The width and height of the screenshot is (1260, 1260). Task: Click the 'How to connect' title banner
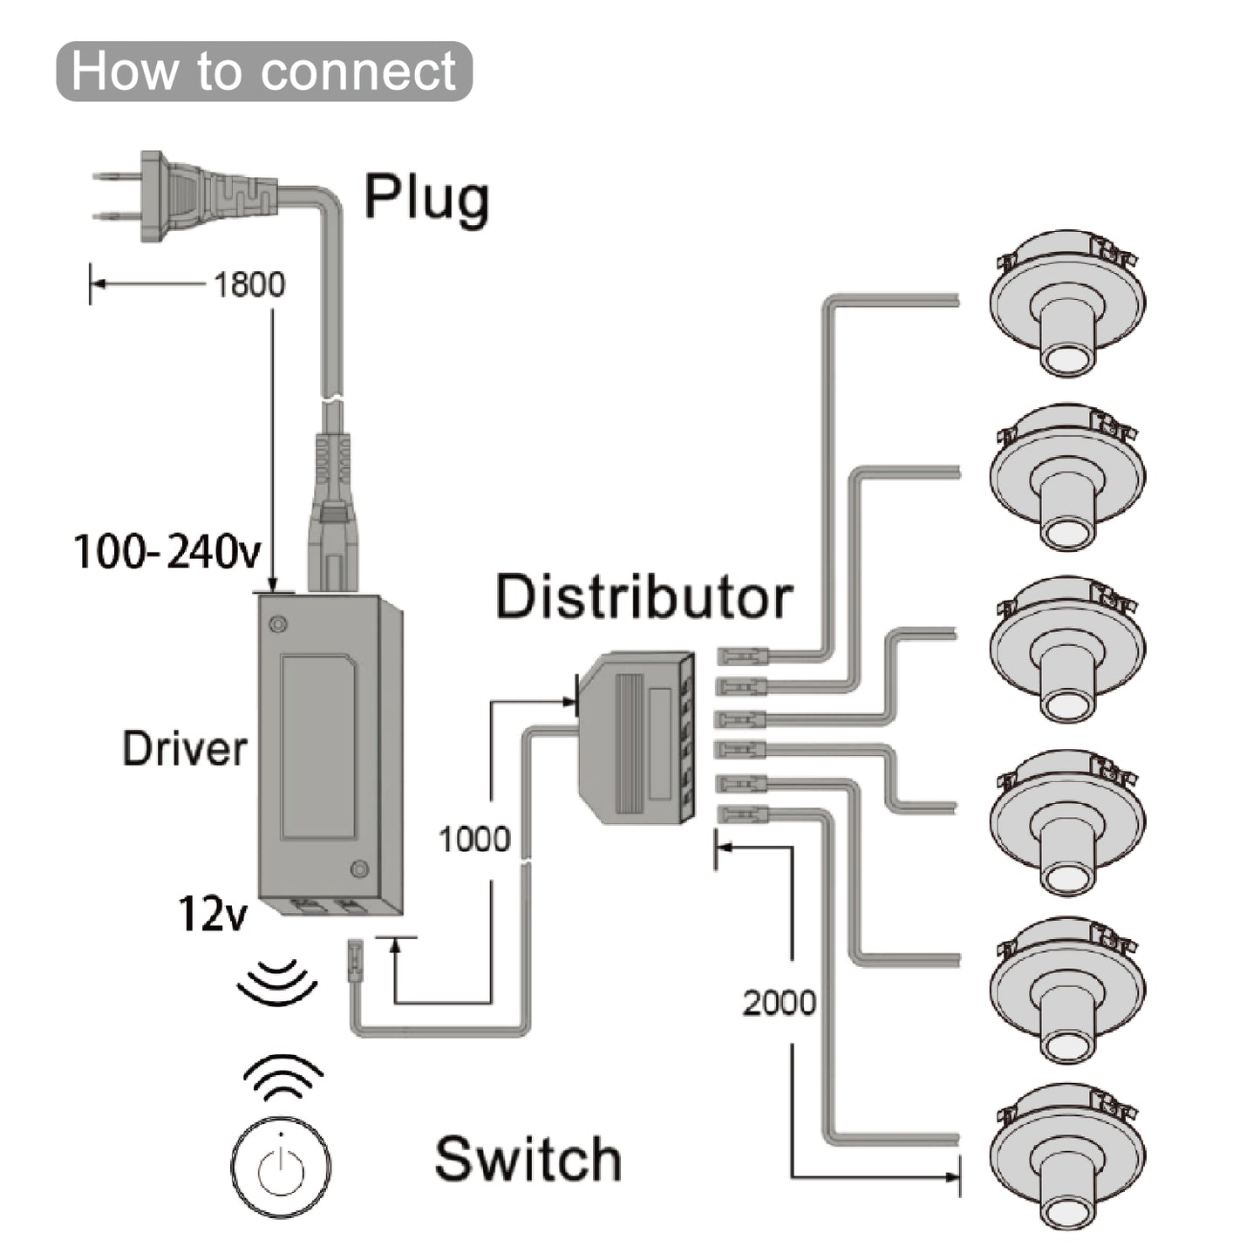point(263,71)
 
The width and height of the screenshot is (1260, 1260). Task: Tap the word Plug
point(426,199)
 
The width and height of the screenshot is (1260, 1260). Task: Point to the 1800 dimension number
point(249,284)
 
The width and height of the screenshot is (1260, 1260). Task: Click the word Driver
point(184,749)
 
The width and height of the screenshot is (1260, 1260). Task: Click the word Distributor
point(644,597)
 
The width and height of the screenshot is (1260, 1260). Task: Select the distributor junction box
point(637,738)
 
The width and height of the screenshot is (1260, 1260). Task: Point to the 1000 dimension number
point(473,839)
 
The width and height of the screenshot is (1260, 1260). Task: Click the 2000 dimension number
point(779,1003)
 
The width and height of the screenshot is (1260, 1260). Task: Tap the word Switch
point(528,1159)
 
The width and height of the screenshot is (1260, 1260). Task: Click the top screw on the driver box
point(278,624)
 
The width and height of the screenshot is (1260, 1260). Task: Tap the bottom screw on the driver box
point(358,869)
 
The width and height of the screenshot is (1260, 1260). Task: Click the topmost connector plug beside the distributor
point(743,654)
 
